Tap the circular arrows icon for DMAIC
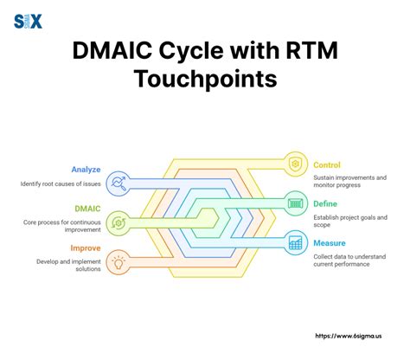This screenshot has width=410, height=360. [x=119, y=221]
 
